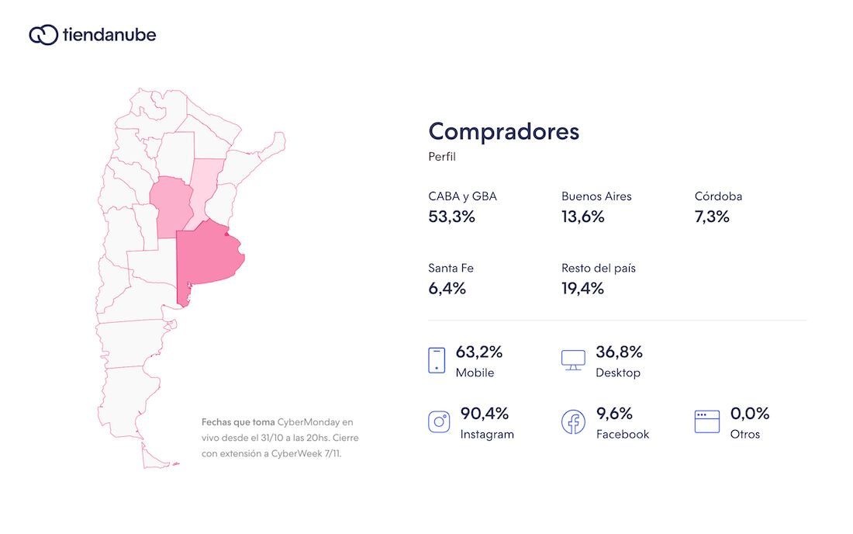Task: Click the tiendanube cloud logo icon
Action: pos(43,35)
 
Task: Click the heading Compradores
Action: pos(503,131)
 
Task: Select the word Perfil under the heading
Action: pos(442,157)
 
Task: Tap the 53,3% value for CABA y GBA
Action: pos(451,217)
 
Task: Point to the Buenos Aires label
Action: pos(596,196)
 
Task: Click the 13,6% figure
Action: pos(582,217)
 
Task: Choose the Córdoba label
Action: pos(718,196)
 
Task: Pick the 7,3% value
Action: pos(712,217)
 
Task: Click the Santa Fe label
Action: pos(451,268)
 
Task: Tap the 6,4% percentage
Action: pos(447,289)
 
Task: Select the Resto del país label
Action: pos(598,268)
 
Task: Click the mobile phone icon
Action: pos(437,360)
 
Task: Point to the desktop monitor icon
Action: pos(573,360)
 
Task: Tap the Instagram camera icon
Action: pos(439,421)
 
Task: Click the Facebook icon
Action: pos(573,421)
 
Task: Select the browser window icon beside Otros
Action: pos(706,421)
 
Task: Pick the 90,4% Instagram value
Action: pos(484,413)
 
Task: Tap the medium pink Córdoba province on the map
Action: pos(171,206)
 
